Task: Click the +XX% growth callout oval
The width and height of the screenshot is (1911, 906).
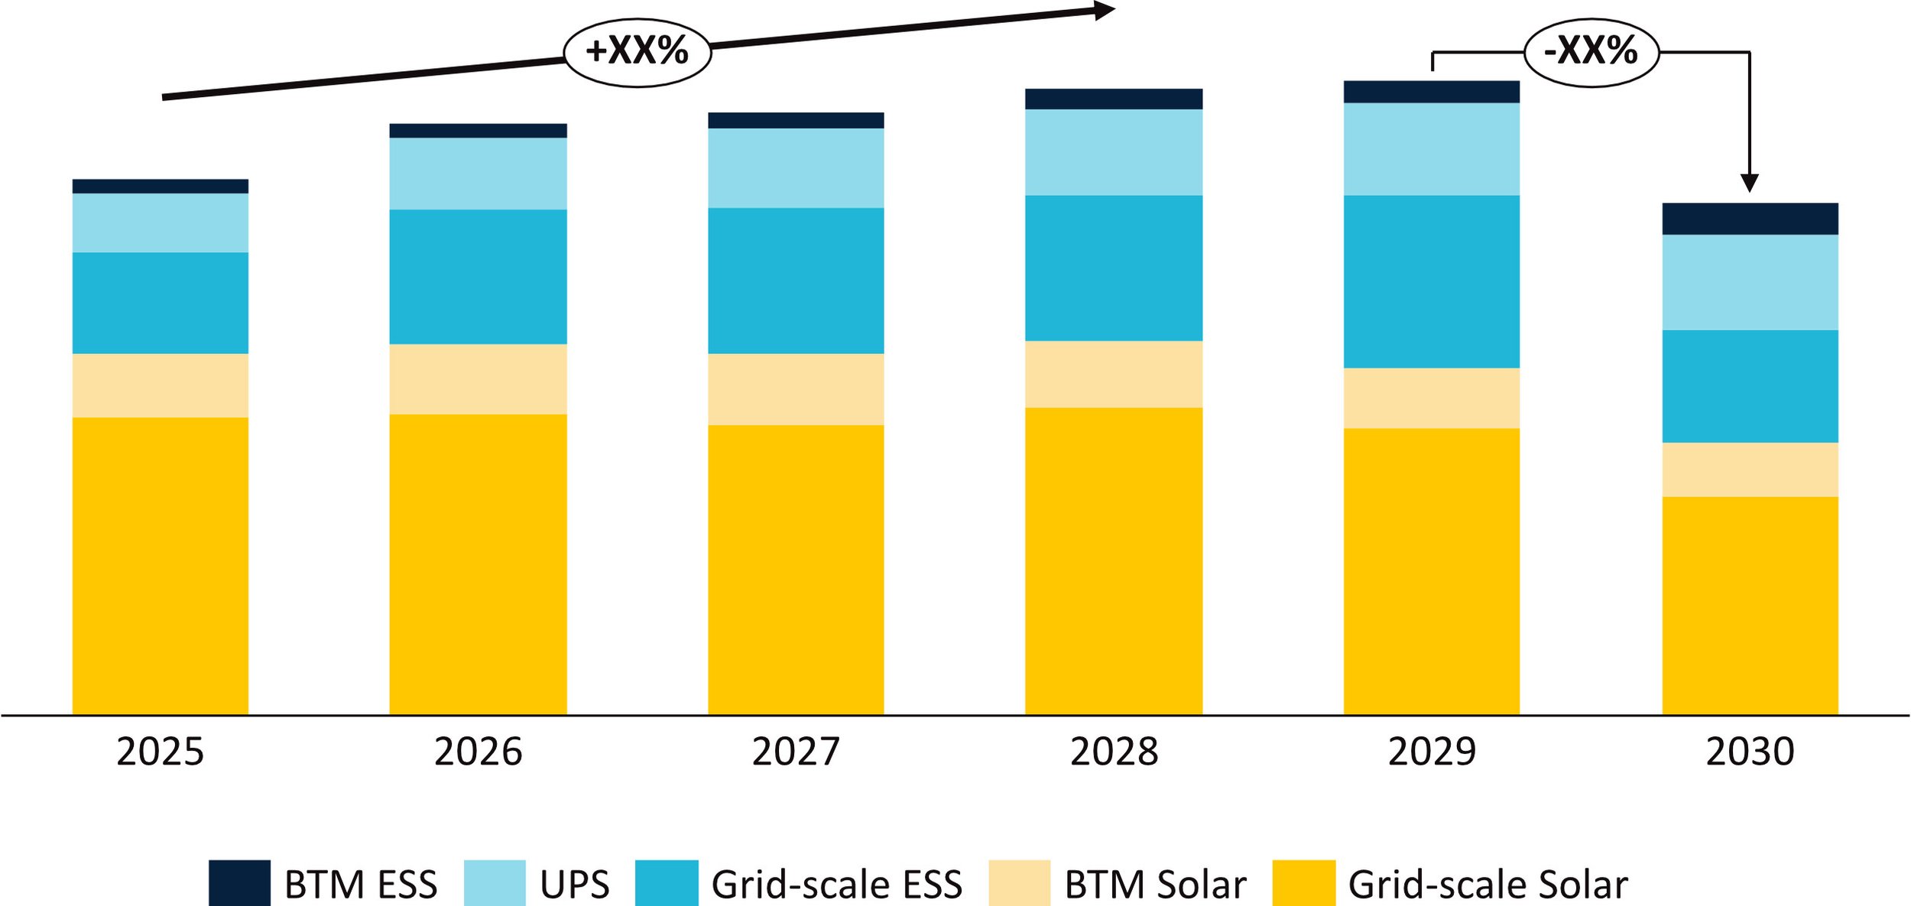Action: (x=637, y=52)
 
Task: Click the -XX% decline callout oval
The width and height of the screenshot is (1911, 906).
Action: (x=1591, y=52)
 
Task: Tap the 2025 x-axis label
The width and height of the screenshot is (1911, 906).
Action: (x=160, y=752)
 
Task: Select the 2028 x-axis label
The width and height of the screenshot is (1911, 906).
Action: (x=1114, y=752)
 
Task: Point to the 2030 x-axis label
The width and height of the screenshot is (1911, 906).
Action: (x=1750, y=752)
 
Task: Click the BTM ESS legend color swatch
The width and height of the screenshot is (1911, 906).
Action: (x=239, y=884)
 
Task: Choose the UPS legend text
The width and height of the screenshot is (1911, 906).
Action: (x=574, y=885)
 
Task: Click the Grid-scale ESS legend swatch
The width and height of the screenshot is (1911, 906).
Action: (x=666, y=884)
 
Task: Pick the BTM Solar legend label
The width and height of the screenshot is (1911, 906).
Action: (x=1155, y=885)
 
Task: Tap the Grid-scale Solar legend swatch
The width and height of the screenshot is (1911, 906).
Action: (x=1304, y=884)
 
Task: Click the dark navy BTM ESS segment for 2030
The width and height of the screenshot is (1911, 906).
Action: (x=1750, y=219)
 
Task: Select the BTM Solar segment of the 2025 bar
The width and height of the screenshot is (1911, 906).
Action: (x=160, y=385)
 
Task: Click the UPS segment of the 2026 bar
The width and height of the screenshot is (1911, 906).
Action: (x=478, y=174)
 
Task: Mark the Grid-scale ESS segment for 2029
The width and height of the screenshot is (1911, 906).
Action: (x=1432, y=281)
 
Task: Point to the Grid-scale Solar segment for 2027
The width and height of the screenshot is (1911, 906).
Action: (x=796, y=570)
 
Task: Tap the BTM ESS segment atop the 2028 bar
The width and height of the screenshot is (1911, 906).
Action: (x=1114, y=99)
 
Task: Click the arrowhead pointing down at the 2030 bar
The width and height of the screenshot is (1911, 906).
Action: (x=1750, y=183)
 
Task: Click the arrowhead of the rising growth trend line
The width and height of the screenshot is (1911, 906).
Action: (x=1105, y=11)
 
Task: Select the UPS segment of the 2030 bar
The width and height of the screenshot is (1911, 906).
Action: (x=1750, y=282)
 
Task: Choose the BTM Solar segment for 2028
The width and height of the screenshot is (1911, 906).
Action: (x=1114, y=374)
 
